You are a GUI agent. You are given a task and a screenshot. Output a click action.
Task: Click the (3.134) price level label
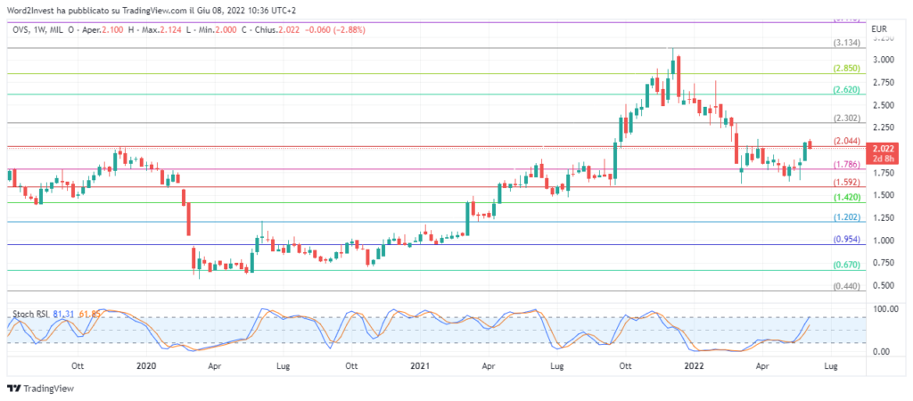[x=846, y=43]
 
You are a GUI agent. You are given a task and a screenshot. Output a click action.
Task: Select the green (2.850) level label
[x=846, y=68]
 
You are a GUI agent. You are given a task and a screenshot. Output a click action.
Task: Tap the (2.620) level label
[x=846, y=90]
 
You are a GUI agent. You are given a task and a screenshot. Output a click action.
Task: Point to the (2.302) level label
[x=846, y=119]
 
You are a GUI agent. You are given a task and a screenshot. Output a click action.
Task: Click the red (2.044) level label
[x=846, y=141]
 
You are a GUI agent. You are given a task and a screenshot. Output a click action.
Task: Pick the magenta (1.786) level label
[x=846, y=165]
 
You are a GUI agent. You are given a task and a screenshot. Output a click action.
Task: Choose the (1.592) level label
[x=846, y=182]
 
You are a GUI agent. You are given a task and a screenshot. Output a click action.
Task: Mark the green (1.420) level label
[x=846, y=197]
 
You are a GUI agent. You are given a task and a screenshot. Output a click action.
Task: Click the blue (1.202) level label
[x=846, y=217]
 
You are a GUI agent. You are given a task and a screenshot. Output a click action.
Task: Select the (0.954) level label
[x=846, y=240]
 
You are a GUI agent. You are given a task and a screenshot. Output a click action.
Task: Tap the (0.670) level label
[x=846, y=265]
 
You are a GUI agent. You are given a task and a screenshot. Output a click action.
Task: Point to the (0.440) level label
[x=846, y=286]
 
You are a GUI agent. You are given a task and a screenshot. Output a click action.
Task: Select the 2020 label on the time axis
[x=146, y=365]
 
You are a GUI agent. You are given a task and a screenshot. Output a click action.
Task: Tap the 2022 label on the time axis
[x=694, y=365]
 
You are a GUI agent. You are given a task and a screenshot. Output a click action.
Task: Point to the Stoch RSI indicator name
[x=30, y=314]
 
